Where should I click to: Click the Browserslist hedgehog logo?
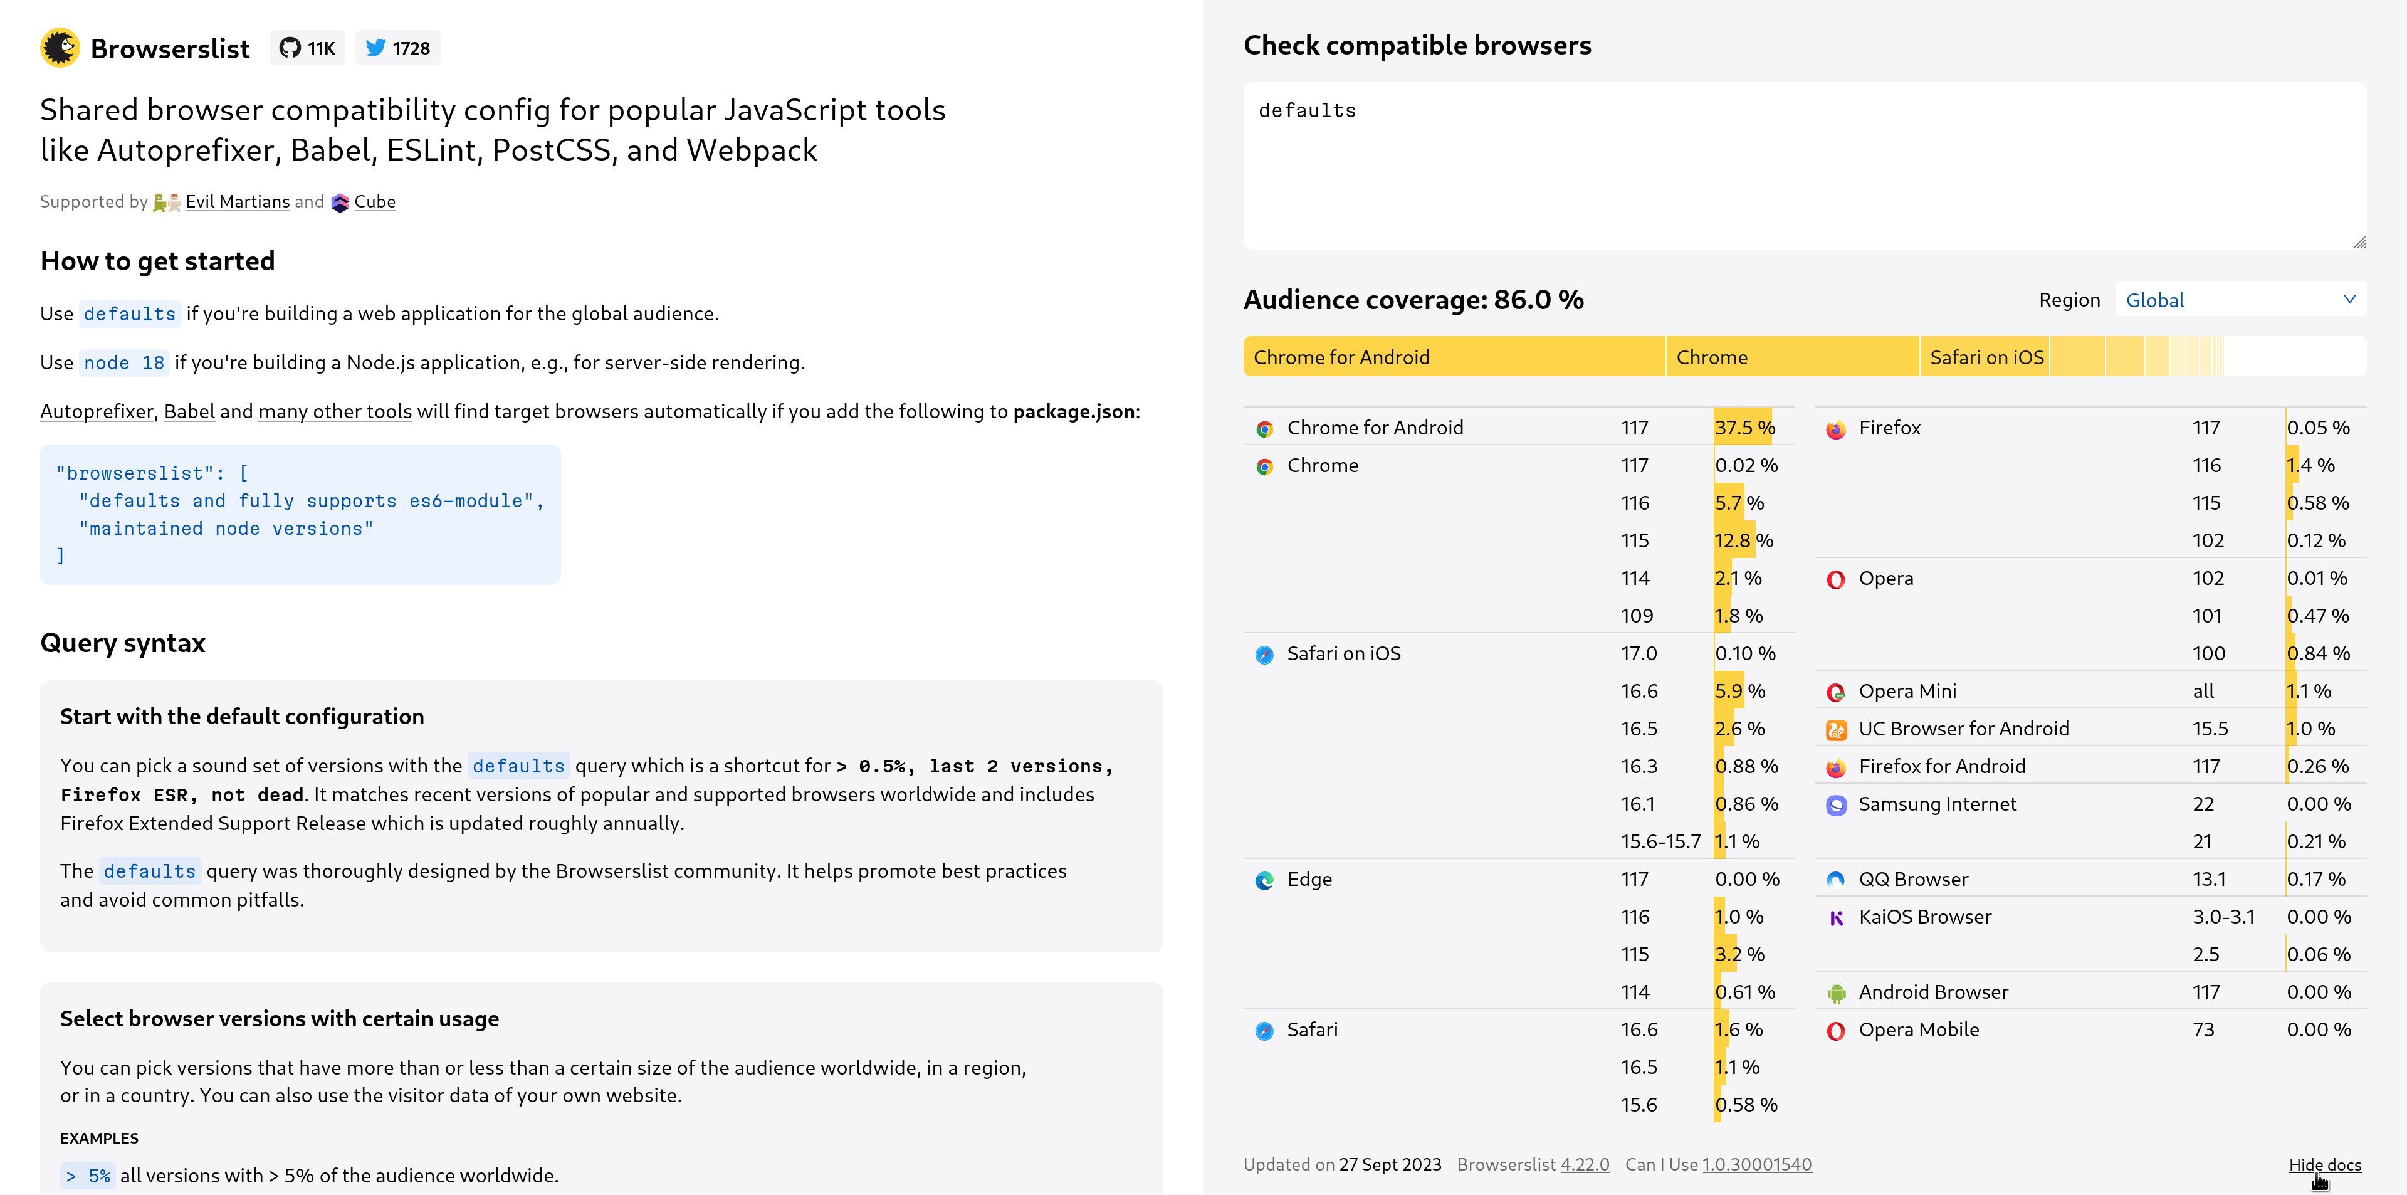tap(60, 48)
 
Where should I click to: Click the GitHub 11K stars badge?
tap(307, 48)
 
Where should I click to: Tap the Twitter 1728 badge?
tap(397, 48)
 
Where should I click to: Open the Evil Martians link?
tap(238, 202)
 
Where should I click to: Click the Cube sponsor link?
tap(375, 202)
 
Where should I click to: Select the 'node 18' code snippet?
tap(124, 362)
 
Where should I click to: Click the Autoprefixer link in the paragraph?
tap(97, 411)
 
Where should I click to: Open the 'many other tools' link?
tap(335, 411)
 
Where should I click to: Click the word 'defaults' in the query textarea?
tap(1307, 110)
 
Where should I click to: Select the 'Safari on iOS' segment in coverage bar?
tap(1985, 357)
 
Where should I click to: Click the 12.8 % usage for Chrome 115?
tap(1744, 540)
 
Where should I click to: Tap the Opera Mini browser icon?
tap(1835, 692)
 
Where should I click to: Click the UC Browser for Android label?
tap(1963, 729)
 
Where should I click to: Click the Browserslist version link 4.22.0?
tap(1585, 1164)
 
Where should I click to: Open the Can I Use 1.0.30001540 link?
tap(1756, 1164)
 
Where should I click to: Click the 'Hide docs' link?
tap(2325, 1164)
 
